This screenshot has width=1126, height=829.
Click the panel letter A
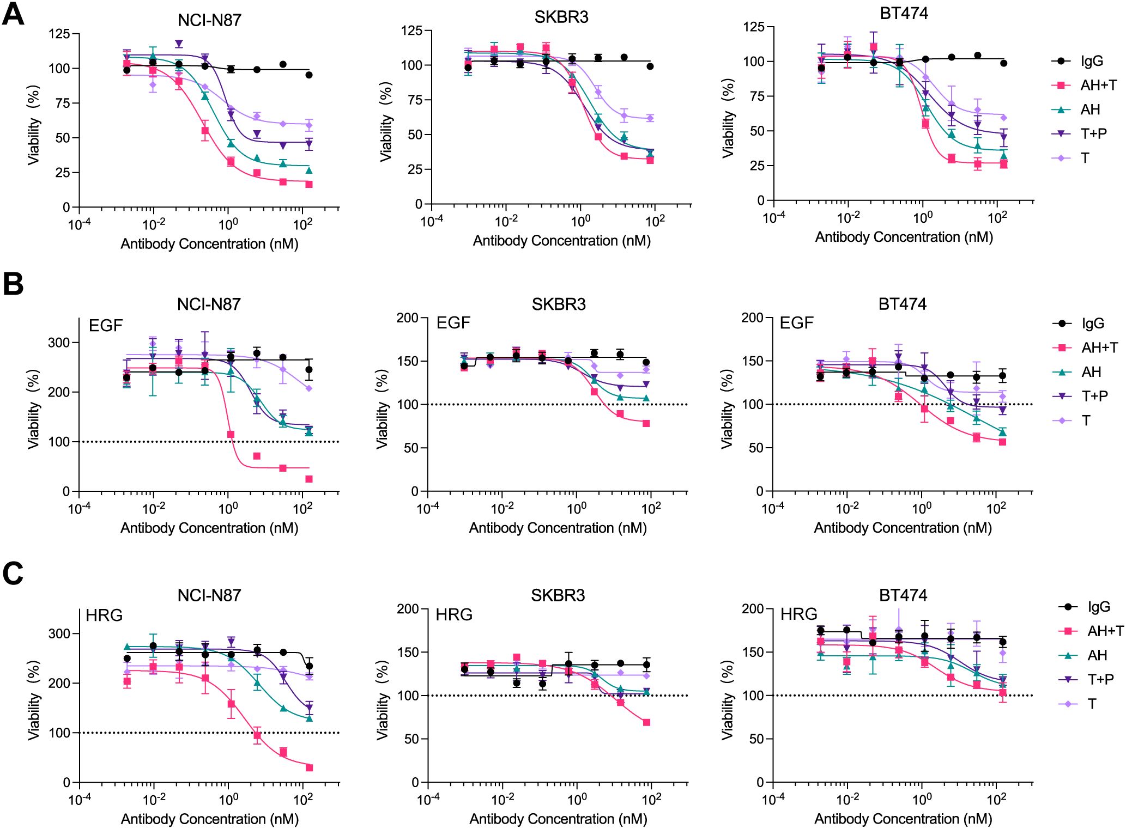pos(13,14)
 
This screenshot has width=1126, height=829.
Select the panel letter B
pos(13,284)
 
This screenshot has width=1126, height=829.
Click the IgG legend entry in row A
pos(1092,61)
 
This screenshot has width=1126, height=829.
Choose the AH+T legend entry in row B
pos(1099,348)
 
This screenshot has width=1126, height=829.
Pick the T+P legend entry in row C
pos(1100,679)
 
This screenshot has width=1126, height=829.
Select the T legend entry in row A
pos(1085,158)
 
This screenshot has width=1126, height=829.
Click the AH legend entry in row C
pos(1097,655)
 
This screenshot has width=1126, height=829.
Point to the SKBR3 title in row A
pos(561,17)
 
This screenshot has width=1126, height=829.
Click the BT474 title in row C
pos(903,595)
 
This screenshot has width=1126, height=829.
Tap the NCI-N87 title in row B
pos(209,304)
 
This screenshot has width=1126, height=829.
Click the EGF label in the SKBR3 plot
pos(453,323)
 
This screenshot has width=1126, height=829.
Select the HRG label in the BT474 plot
pos(798,614)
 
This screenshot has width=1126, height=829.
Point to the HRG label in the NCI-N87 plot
pos(104,615)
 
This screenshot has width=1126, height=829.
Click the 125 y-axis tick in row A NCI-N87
pos(59,34)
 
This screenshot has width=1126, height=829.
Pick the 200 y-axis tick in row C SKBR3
pos(408,608)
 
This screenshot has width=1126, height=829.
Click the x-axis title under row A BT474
pos(904,237)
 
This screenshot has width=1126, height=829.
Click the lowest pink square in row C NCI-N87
pos(309,767)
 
